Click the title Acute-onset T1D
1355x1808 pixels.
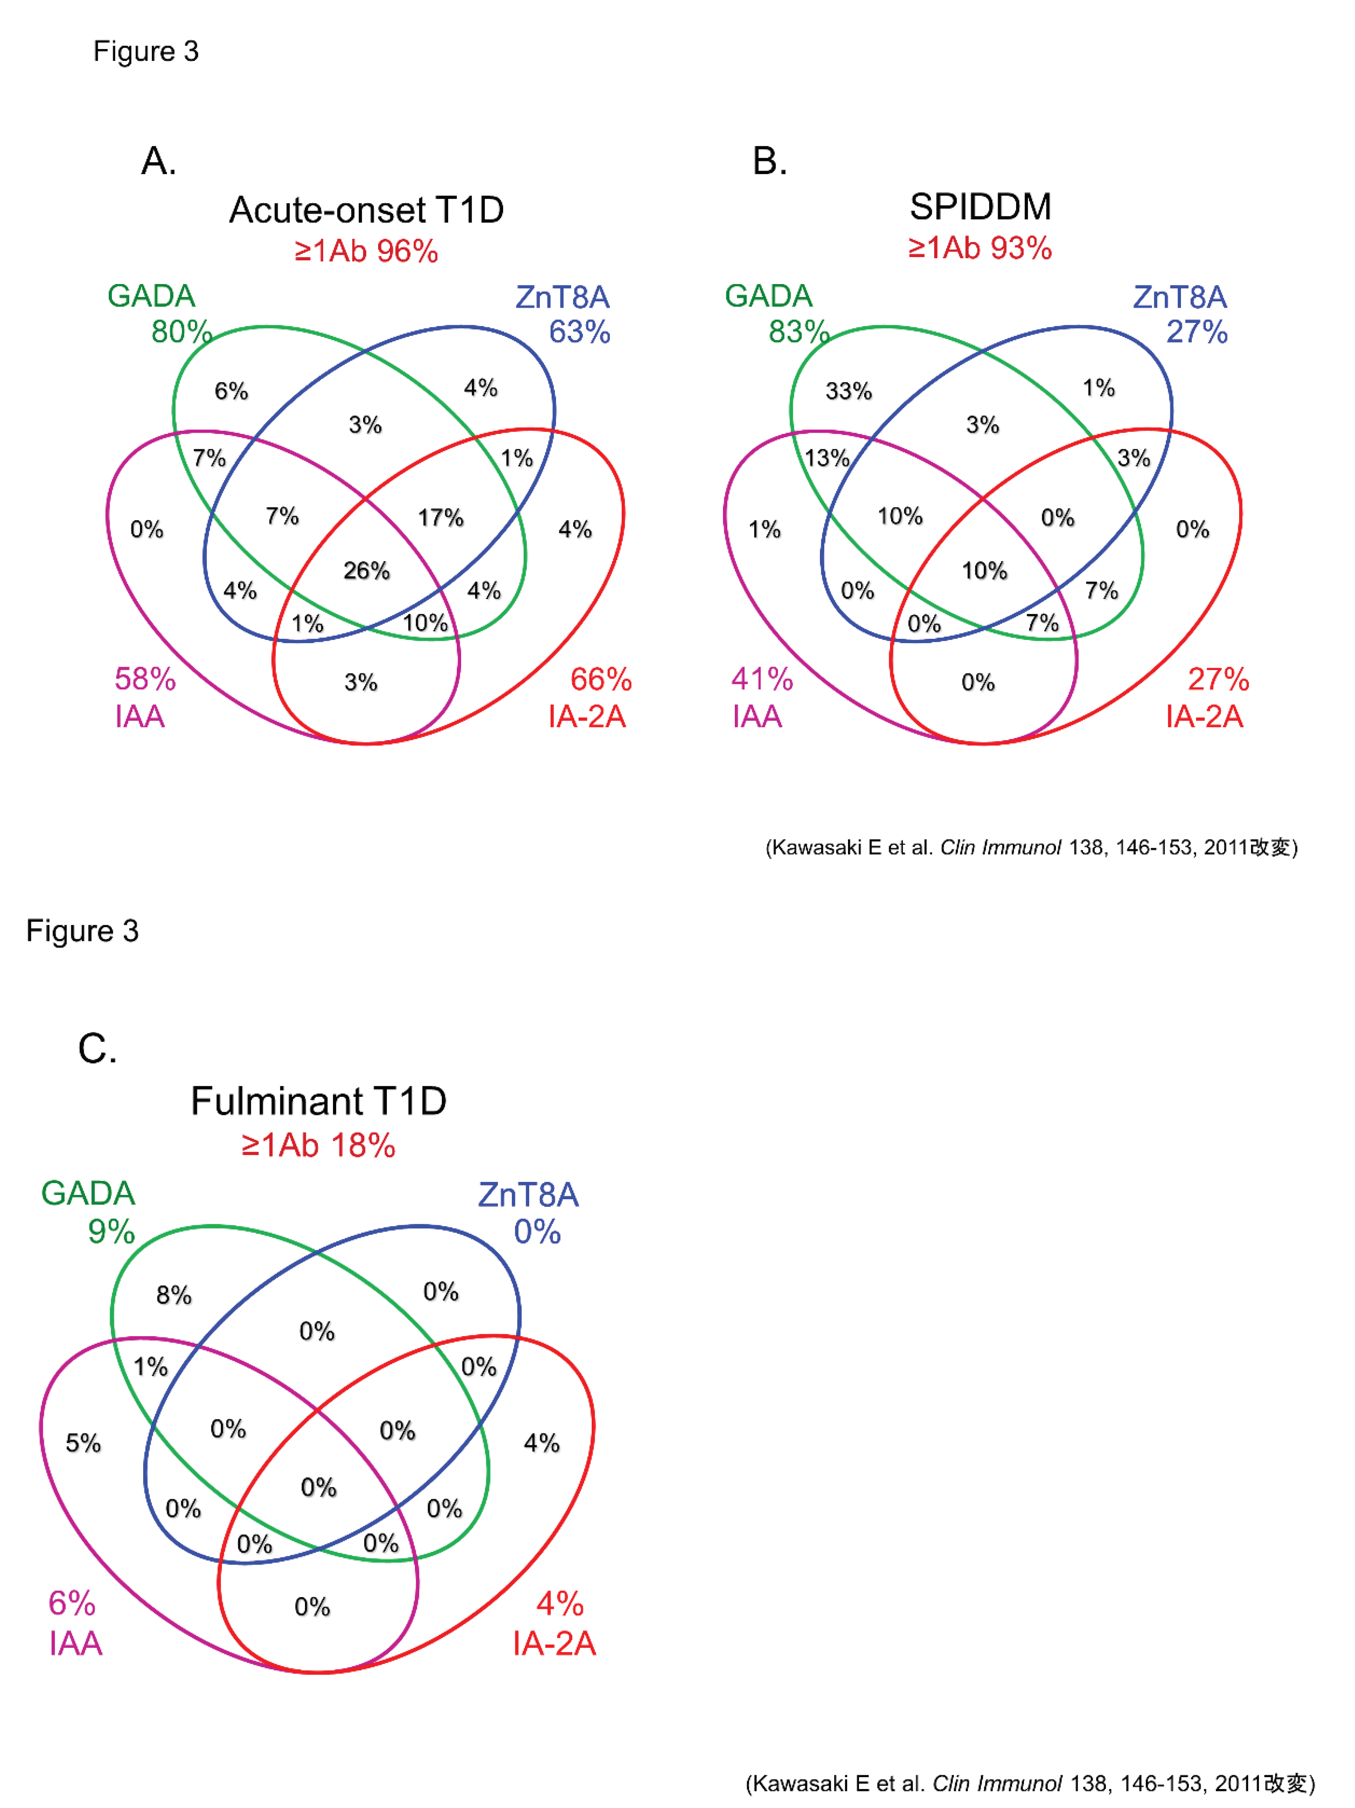(366, 210)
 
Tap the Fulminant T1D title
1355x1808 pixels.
(319, 1101)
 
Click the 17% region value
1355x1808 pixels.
(441, 517)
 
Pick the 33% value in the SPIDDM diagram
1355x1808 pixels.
(848, 391)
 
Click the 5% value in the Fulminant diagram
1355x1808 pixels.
(83, 1443)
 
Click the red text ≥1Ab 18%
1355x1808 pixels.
(319, 1145)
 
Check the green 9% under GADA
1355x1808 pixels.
(111, 1231)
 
